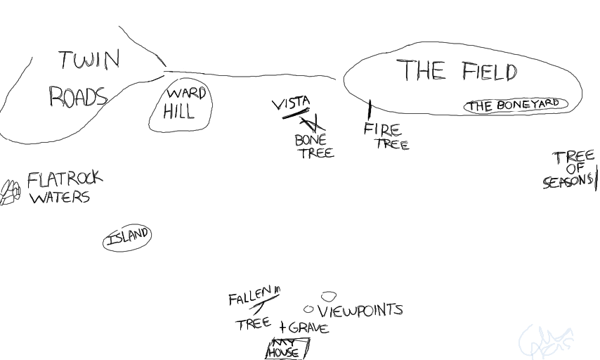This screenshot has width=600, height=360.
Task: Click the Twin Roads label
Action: click(83, 79)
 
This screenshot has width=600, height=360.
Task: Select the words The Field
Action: click(457, 71)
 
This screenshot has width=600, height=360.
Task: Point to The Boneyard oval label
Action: click(515, 105)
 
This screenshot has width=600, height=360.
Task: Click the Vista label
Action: click(291, 104)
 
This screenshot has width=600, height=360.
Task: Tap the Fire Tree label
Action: click(386, 137)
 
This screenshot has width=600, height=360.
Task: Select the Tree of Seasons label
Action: click(570, 169)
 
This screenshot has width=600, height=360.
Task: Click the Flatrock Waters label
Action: click(63, 188)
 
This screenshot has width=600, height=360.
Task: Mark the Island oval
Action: click(127, 238)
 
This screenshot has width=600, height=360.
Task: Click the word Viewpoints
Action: click(360, 310)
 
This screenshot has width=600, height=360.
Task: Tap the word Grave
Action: click(308, 328)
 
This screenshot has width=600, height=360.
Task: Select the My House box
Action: click(287, 349)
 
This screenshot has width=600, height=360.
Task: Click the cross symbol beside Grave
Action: click(282, 328)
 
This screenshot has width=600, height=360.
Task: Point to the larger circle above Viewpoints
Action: click(328, 297)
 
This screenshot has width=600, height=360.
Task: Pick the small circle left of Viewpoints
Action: click(308, 309)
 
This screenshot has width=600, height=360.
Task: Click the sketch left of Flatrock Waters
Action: click(10, 191)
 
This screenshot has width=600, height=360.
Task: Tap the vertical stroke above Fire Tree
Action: click(370, 110)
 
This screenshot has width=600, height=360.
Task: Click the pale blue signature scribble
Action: click(546, 342)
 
